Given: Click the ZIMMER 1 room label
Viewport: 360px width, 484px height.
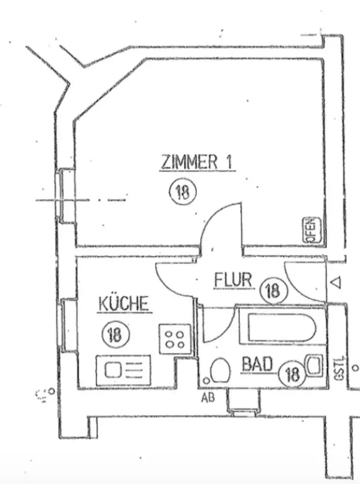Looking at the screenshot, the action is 197,162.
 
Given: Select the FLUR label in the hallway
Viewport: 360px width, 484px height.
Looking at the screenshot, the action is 234,280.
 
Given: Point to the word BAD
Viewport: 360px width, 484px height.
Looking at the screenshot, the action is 257,364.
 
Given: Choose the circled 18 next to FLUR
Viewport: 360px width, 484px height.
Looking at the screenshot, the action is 273,290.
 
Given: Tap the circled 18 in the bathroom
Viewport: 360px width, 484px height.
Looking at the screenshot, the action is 293,373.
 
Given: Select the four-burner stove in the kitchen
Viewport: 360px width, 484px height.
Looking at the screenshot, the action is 175,338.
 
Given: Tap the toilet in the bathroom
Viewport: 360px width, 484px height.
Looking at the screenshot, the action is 220,371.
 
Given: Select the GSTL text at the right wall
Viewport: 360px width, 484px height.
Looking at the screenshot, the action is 337,369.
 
